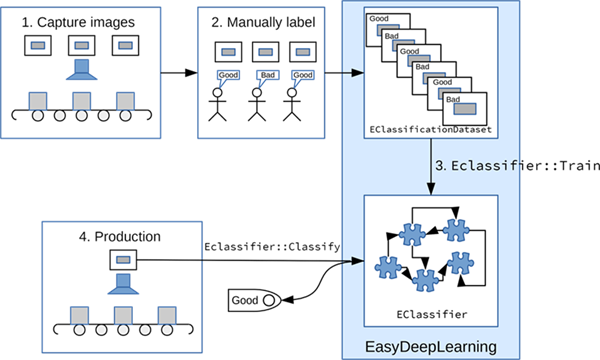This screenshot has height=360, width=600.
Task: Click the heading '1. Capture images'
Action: coord(78,22)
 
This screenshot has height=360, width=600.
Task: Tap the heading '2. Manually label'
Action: coord(263,22)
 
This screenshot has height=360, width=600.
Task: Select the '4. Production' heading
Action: coord(120,236)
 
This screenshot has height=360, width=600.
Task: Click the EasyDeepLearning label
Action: coord(431,347)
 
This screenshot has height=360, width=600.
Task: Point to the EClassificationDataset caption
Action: coord(430,129)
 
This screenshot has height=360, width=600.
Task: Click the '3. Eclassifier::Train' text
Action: coord(517,166)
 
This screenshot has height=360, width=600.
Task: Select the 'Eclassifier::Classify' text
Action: coord(272,247)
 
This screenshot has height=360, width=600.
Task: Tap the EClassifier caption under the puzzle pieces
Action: coord(432,314)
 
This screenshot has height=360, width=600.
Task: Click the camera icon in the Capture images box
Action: coord(82,70)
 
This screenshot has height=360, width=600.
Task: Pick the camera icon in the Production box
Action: coord(123,284)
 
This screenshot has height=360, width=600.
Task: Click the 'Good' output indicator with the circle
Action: coord(254,300)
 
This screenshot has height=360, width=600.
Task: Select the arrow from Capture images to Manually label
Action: coord(179,73)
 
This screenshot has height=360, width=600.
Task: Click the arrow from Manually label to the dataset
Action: coord(344,73)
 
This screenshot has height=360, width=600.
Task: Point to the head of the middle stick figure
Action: coord(257,93)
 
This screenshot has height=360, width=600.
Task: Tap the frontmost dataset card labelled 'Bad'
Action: coord(465,109)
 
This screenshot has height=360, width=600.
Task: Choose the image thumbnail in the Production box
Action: coord(123,260)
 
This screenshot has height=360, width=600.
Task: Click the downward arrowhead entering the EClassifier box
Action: coord(431,189)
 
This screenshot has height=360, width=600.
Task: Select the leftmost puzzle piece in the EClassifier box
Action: coord(388,267)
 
